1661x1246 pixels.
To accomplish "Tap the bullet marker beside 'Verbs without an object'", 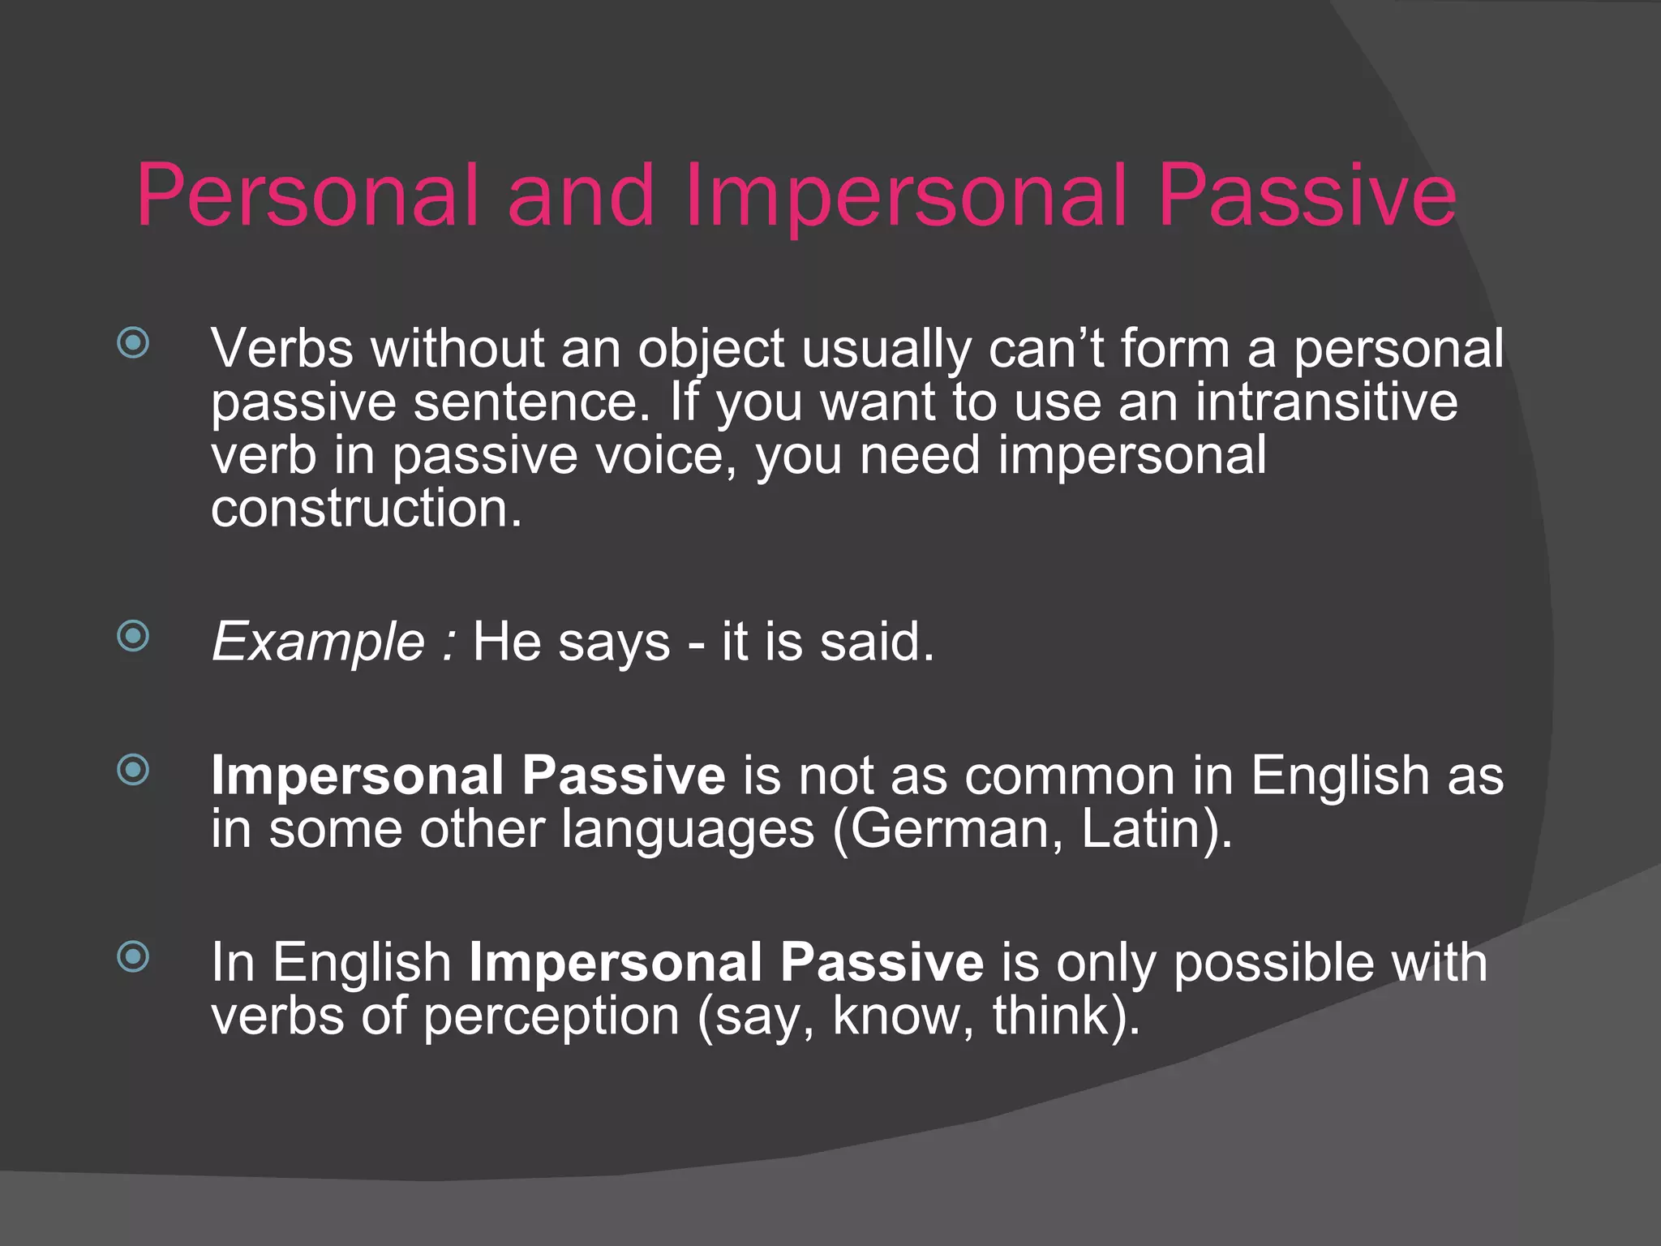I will (x=133, y=342).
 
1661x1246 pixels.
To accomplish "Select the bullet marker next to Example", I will (x=133, y=636).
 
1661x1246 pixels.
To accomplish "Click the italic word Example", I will (x=318, y=642).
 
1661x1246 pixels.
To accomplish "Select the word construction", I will (x=366, y=509).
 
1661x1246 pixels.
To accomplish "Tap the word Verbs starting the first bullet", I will (x=282, y=349).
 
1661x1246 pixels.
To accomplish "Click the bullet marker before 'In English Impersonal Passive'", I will (x=133, y=956).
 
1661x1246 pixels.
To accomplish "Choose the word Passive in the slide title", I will (x=1307, y=195).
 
